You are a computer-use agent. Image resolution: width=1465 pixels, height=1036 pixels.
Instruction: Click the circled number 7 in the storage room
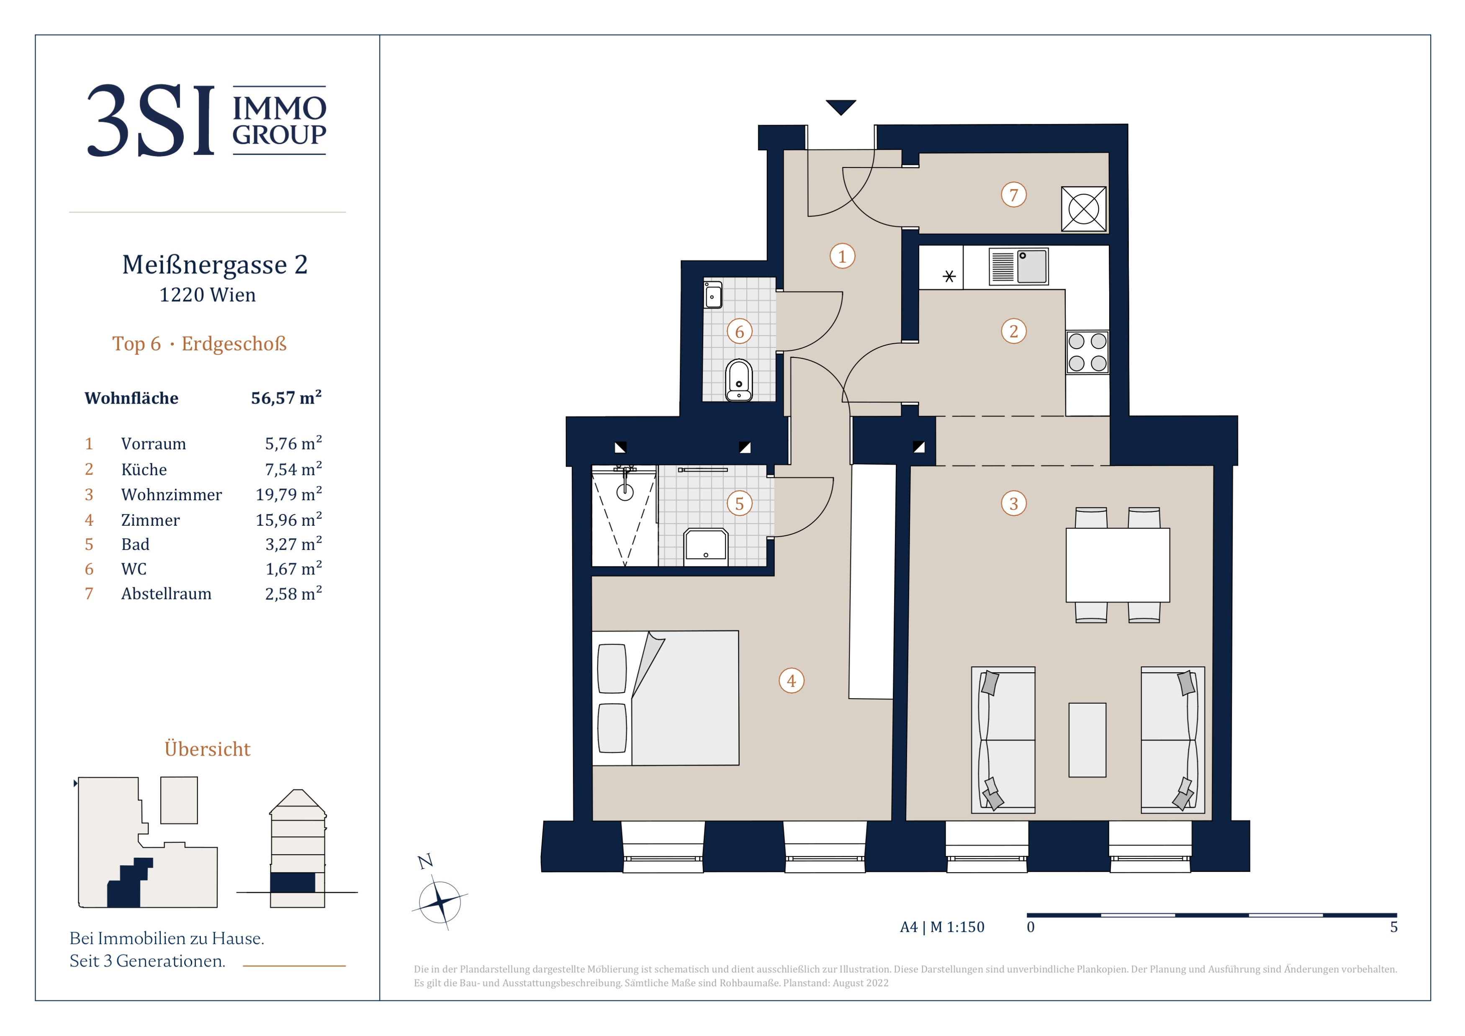pos(1013,195)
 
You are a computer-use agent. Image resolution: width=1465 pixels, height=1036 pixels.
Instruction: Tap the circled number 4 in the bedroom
pos(791,681)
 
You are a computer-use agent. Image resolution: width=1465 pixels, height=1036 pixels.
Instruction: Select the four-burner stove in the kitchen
pos(1087,352)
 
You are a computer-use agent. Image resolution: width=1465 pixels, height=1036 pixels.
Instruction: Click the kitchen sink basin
pos(1032,266)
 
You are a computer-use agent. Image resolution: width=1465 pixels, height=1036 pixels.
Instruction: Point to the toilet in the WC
pos(739,380)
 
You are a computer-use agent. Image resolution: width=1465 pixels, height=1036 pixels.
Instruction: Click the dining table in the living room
pos(1117,565)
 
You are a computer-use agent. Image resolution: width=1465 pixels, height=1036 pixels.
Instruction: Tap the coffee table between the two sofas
pos(1087,740)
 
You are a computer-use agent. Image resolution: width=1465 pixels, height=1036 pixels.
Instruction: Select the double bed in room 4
pos(666,698)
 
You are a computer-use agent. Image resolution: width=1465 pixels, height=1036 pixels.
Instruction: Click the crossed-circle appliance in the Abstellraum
pos(1083,208)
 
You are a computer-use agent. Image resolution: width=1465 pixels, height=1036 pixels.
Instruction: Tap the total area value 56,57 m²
pos(286,397)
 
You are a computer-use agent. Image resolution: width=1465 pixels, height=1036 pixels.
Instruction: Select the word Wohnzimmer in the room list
pos(172,494)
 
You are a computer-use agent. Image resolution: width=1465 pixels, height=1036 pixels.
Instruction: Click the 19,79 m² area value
pos(288,494)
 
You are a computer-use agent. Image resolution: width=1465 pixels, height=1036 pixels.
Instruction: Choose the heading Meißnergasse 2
pos(215,265)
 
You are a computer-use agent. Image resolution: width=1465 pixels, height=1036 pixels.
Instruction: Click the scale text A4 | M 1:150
pos(942,927)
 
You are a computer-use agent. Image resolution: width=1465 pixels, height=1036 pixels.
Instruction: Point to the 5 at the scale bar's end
pos(1393,927)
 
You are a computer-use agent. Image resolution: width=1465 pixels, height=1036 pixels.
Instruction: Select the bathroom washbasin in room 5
pos(706,547)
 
